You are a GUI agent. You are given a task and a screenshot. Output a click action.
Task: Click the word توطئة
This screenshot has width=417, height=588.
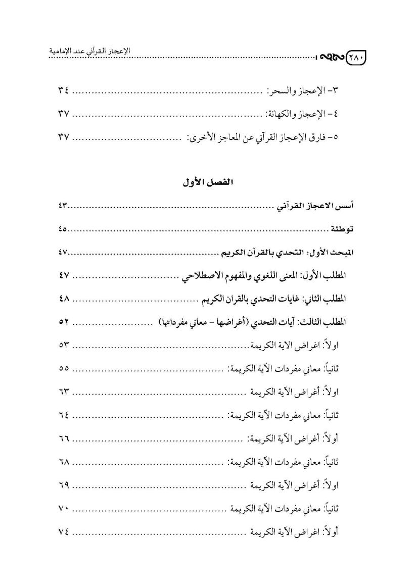[342, 229]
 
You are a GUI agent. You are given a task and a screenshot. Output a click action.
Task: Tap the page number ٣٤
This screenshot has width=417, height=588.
[63, 91]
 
